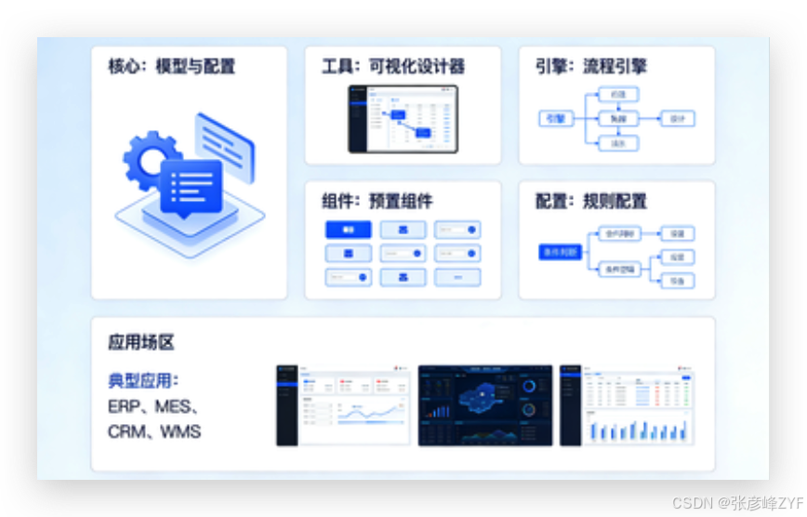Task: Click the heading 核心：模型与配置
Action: click(x=171, y=66)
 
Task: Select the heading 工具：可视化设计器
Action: click(x=392, y=66)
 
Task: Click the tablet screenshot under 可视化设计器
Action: click(x=403, y=119)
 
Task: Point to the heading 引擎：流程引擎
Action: click(x=590, y=66)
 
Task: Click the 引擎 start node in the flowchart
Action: click(x=556, y=119)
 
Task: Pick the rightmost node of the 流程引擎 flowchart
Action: click(x=677, y=119)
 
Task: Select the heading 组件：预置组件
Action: click(x=377, y=201)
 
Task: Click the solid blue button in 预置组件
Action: click(x=348, y=230)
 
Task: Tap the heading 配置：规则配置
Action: click(x=590, y=201)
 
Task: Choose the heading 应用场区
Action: click(x=141, y=342)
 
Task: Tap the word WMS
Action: click(x=180, y=431)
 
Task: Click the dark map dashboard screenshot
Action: click(x=484, y=404)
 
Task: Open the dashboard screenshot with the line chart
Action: click(x=343, y=404)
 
